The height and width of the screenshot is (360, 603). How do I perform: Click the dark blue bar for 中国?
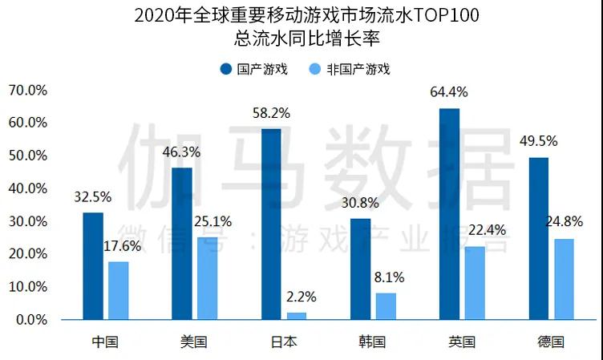93,266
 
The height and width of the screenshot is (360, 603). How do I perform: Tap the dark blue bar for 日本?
272,224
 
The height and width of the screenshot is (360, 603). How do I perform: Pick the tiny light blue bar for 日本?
297,316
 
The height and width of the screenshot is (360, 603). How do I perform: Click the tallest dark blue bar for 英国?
450,214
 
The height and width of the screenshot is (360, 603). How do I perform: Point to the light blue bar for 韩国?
386,306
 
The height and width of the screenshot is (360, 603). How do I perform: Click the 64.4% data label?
448,92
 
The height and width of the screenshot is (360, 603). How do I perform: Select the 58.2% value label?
269,113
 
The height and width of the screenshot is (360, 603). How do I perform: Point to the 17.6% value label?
122,246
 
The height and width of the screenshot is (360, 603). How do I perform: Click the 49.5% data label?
537,142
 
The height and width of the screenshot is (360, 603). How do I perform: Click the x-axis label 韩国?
372,342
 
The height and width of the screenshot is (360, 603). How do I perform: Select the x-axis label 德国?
550,342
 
